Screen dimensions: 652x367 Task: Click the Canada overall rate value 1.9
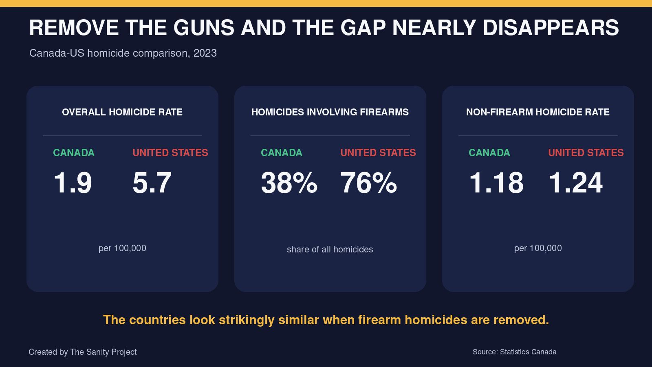[73, 183]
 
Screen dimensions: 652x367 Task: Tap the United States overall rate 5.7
[152, 183]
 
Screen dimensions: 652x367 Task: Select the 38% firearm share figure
[289, 183]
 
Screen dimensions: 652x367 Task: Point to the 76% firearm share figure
[368, 183]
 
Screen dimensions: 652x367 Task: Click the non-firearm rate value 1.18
[496, 183]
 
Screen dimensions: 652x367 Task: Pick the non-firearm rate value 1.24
[575, 183]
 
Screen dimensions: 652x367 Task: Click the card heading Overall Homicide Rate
[122, 112]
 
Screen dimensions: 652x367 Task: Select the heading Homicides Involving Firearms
[330, 112]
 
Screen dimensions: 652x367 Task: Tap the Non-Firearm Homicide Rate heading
[538, 112]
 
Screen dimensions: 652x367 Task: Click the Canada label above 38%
[282, 153]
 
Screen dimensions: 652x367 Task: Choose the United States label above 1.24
[586, 153]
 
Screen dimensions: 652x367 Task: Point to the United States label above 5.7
[170, 153]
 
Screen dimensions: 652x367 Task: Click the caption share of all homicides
[330, 249]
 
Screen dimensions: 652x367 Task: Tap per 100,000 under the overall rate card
[122, 248]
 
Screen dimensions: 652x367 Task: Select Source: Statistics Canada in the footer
[514, 352]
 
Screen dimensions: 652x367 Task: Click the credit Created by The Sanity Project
[83, 352]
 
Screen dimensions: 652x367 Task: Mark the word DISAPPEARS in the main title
[551, 28]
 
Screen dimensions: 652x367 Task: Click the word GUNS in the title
[204, 28]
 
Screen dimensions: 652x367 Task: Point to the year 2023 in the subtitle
[205, 53]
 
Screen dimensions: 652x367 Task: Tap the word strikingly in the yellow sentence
[247, 320]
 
